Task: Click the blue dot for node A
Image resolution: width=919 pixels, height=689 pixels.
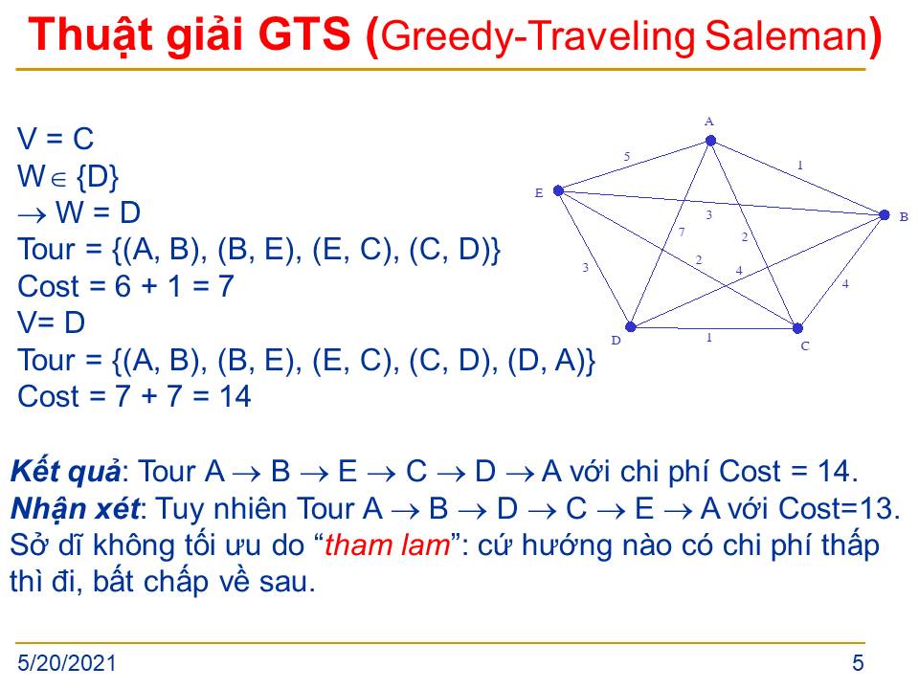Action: (710, 141)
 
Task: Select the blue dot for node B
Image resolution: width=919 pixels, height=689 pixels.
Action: (885, 215)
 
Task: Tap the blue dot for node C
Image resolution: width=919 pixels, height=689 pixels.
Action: (797, 328)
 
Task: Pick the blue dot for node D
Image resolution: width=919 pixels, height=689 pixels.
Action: (631, 326)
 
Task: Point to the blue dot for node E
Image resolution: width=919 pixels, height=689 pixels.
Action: (558, 190)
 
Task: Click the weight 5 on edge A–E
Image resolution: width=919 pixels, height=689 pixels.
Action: (626, 156)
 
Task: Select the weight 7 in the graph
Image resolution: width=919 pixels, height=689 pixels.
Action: (681, 232)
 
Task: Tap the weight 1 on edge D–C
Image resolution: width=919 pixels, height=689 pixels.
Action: (709, 338)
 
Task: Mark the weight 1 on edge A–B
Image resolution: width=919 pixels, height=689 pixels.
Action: (800, 166)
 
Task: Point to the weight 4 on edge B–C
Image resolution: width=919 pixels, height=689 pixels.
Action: (845, 284)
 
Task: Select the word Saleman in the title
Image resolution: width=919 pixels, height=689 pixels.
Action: (786, 35)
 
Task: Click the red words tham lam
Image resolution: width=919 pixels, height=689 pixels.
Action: (388, 545)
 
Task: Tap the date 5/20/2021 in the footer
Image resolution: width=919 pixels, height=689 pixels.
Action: (67, 663)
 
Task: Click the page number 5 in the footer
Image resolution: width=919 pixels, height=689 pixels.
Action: (858, 663)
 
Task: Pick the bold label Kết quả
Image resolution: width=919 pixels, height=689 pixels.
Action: (66, 472)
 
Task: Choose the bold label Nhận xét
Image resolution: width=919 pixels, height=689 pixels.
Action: (76, 508)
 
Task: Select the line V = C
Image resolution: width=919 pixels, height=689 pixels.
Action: (56, 139)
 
